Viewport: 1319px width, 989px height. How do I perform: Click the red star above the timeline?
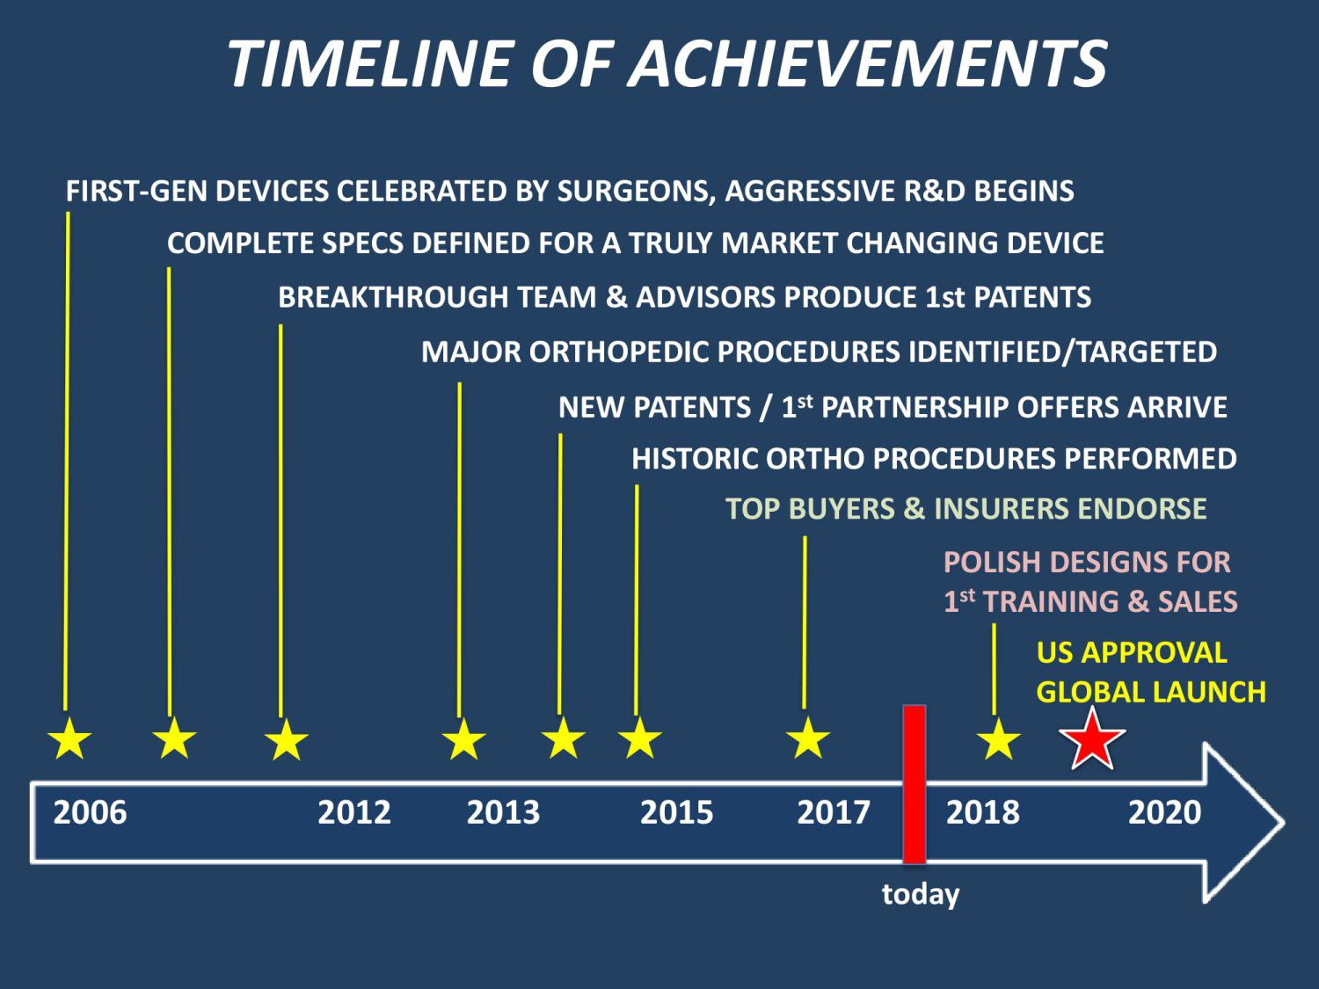tap(1092, 740)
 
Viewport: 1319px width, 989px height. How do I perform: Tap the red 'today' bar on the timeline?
tap(914, 784)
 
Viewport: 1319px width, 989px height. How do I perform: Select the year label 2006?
tap(91, 812)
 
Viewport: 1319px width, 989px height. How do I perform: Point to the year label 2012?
tap(354, 812)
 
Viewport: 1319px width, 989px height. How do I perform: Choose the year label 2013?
tap(503, 812)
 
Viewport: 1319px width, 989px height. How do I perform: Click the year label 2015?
tap(676, 812)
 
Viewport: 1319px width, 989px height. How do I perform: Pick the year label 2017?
tap(834, 812)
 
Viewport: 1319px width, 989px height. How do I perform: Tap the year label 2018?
tap(983, 812)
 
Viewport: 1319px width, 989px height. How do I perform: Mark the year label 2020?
tap(1164, 812)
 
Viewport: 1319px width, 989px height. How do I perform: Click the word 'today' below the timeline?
tap(921, 895)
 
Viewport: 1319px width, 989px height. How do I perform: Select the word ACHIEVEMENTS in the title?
tap(868, 63)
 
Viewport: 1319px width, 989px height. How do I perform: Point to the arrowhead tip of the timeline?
tap(1284, 822)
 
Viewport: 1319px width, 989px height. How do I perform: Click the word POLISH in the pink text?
tap(992, 563)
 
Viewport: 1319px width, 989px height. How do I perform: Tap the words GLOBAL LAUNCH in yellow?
tap(1151, 692)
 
